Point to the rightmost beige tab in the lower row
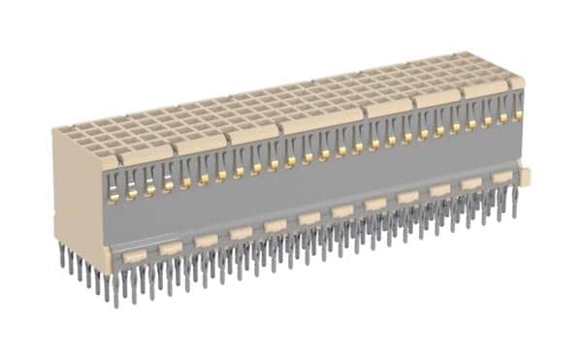coord(501,178)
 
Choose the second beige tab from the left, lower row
coord(171,248)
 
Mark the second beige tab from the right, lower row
coord(471,183)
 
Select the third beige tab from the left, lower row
coord(206,241)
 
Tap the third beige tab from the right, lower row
coord(440,190)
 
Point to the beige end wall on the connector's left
coord(79,194)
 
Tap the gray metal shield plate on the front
coord(320,184)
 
